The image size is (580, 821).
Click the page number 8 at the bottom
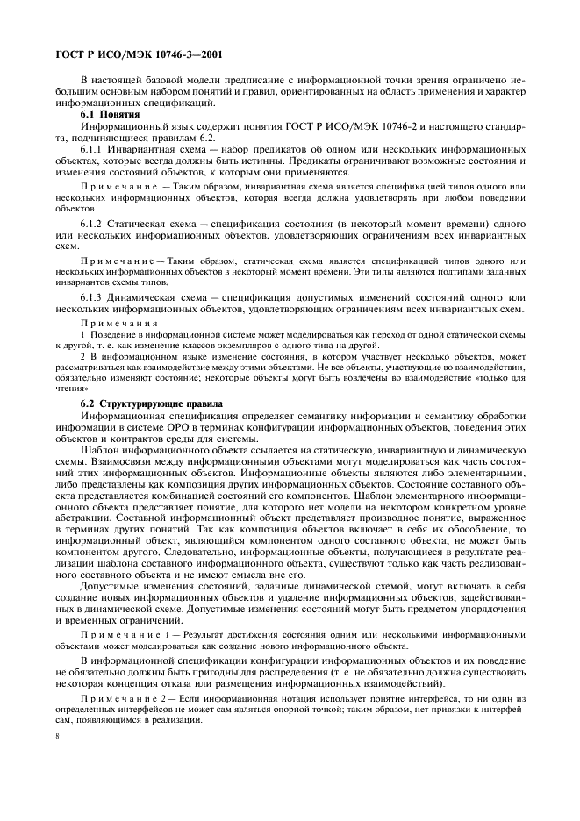pyautogui.click(x=55, y=750)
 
